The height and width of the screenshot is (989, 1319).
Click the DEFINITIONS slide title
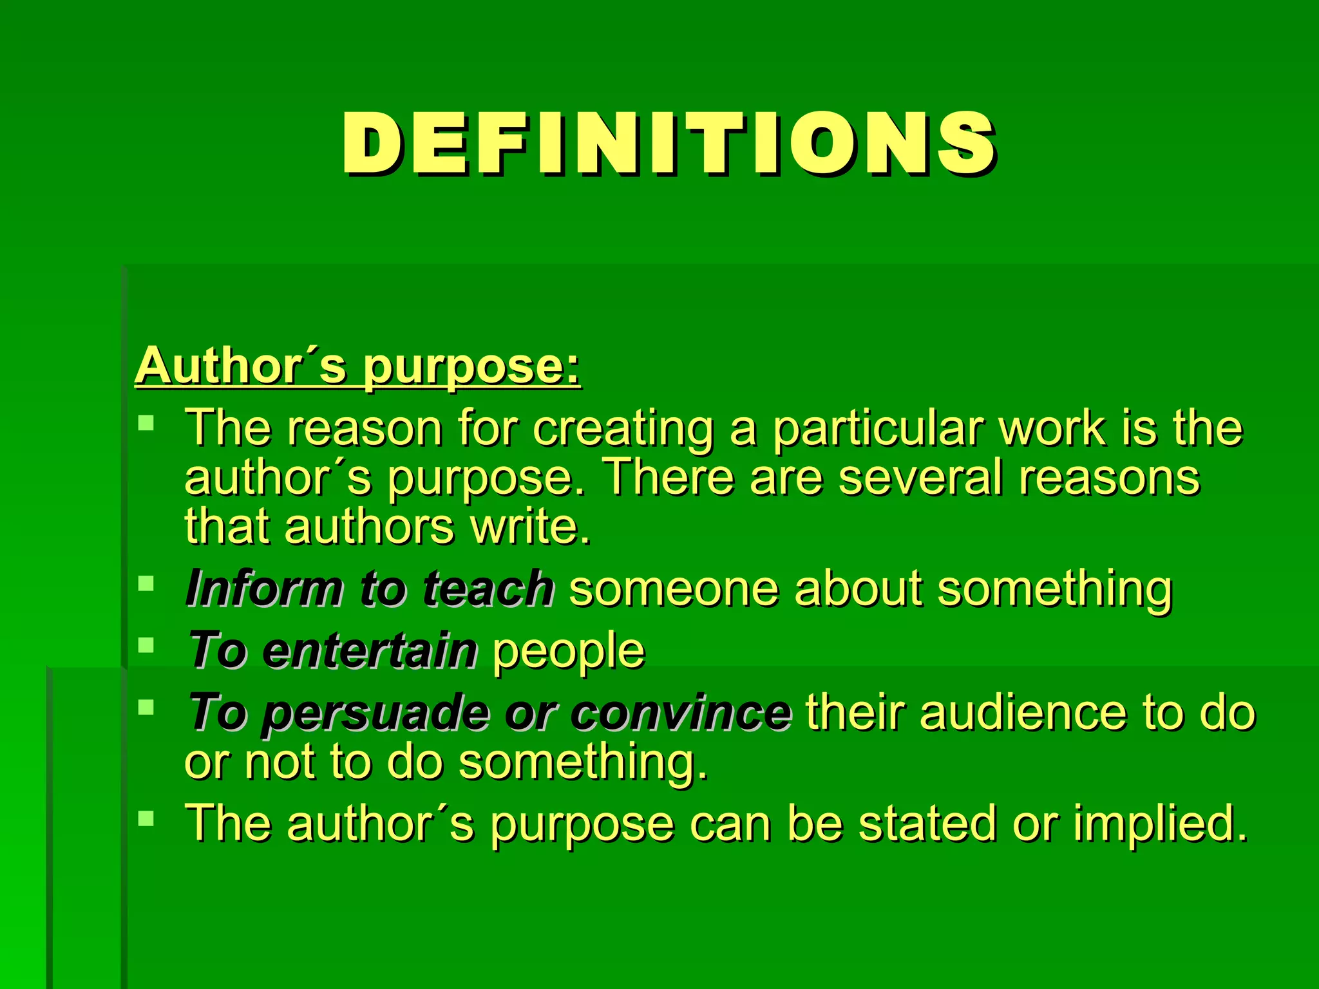(669, 143)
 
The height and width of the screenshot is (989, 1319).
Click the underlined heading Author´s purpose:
(358, 366)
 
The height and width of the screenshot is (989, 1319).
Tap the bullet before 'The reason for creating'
(147, 423)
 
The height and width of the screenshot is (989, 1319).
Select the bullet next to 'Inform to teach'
(147, 583)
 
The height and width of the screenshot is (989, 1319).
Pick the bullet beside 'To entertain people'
(147, 645)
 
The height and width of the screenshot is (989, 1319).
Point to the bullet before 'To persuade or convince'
(147, 707)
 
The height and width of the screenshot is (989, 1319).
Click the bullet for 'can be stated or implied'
(147, 818)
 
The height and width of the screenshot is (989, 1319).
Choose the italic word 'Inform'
(264, 589)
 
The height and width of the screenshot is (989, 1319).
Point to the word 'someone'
(674, 589)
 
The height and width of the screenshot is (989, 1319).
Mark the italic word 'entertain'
(370, 650)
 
